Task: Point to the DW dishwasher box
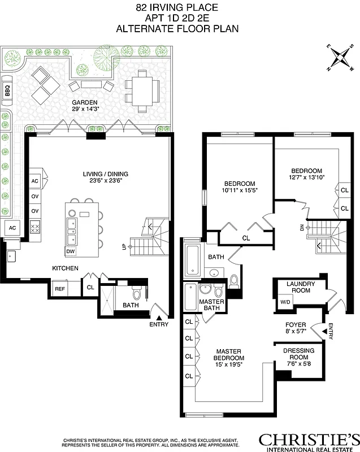click(x=71, y=251)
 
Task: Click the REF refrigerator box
click(x=59, y=289)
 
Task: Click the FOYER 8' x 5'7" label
click(x=296, y=329)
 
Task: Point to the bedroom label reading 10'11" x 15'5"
click(x=240, y=187)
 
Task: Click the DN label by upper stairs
click(x=302, y=228)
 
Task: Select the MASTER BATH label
click(x=212, y=306)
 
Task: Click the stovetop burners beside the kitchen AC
click(x=34, y=228)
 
